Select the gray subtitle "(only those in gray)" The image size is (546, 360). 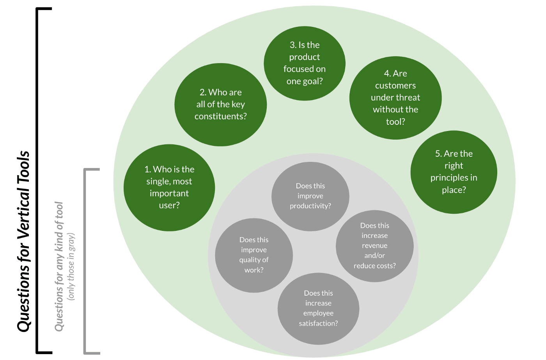(x=71, y=266)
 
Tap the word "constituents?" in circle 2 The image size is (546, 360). (x=221, y=116)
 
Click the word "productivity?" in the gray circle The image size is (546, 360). (x=310, y=206)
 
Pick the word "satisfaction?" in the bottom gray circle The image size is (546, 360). (x=318, y=323)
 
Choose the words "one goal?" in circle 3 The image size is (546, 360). (x=305, y=81)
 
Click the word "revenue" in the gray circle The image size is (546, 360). (x=374, y=246)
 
